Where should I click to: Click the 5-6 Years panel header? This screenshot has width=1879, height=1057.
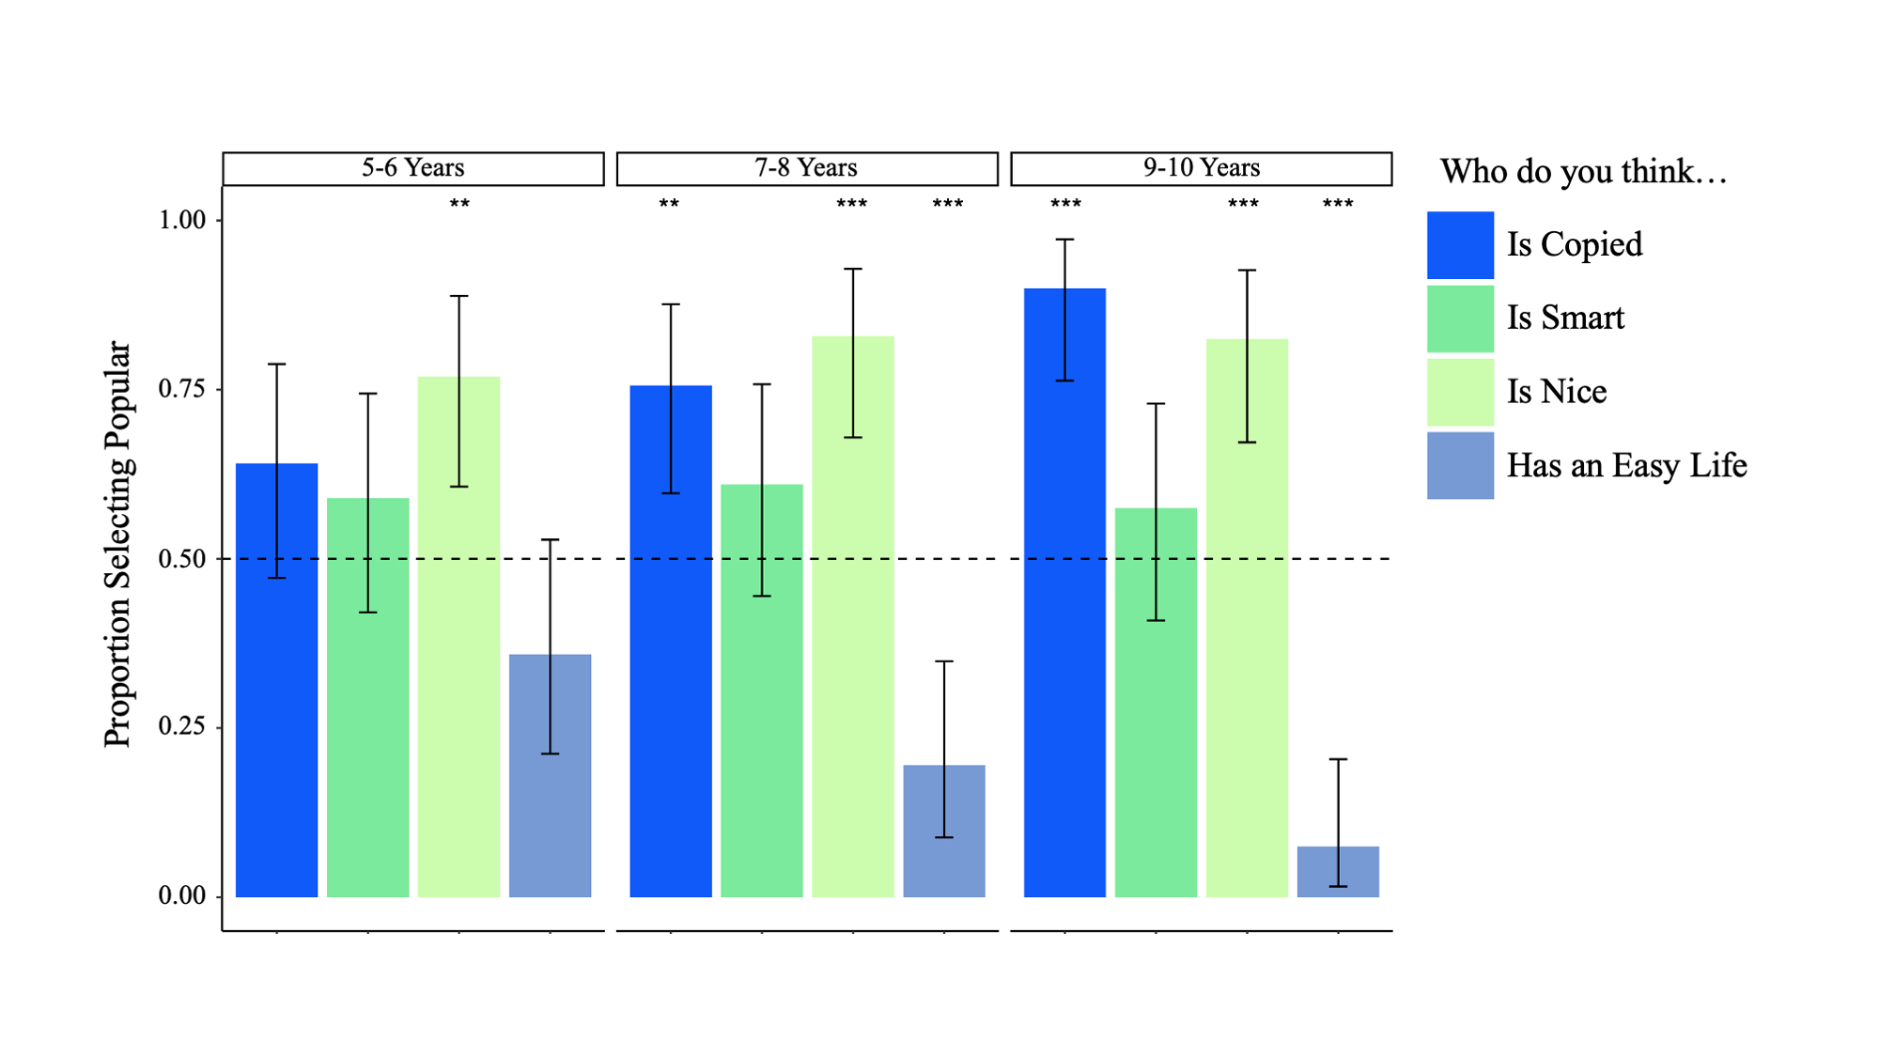coord(412,168)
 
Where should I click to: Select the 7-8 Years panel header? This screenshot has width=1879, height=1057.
coord(806,168)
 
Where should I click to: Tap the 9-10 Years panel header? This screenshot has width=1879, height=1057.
coord(1201,168)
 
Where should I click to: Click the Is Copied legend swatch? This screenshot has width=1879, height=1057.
coord(1460,245)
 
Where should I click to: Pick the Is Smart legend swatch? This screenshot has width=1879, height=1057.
coord(1460,319)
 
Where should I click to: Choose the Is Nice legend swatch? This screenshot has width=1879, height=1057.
coord(1460,392)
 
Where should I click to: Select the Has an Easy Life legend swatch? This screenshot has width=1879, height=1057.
coord(1460,465)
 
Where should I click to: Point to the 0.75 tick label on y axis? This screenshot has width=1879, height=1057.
coord(181,389)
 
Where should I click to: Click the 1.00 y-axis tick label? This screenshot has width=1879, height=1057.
coord(181,220)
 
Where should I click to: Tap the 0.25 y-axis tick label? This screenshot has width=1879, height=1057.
coord(181,726)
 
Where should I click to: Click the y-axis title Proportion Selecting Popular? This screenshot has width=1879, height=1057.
coord(118,544)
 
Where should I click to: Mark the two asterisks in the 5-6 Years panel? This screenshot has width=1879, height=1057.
coord(458,204)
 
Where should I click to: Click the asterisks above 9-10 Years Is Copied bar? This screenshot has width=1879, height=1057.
coord(1065,204)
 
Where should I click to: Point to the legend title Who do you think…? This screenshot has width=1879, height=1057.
coord(1583,172)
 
